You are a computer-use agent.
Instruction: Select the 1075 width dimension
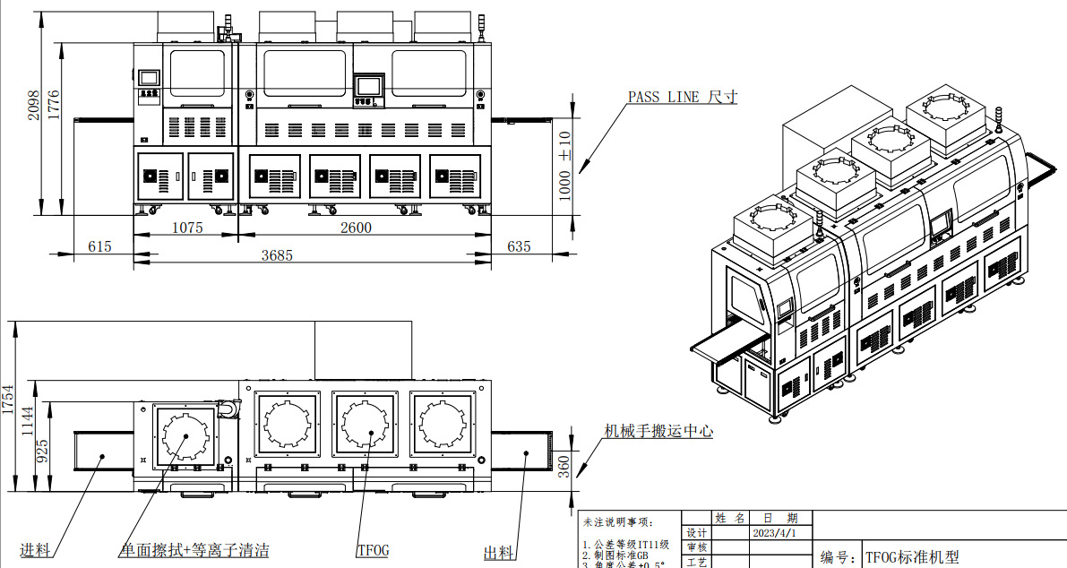187,228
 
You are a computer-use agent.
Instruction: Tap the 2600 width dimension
356,228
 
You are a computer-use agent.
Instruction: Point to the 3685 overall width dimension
277,255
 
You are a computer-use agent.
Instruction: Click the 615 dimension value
100,245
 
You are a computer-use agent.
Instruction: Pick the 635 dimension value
519,245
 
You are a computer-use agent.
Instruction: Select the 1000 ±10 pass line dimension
564,166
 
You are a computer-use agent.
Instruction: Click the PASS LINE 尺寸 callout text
682,97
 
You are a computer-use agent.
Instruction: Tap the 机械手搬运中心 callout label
658,431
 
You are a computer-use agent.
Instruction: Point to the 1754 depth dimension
9,399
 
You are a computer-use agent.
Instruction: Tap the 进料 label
36,550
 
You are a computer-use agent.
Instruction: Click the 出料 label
498,553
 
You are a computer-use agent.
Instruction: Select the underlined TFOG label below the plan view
373,550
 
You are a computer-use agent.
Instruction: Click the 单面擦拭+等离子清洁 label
194,550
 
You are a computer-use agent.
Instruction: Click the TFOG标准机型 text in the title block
911,557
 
